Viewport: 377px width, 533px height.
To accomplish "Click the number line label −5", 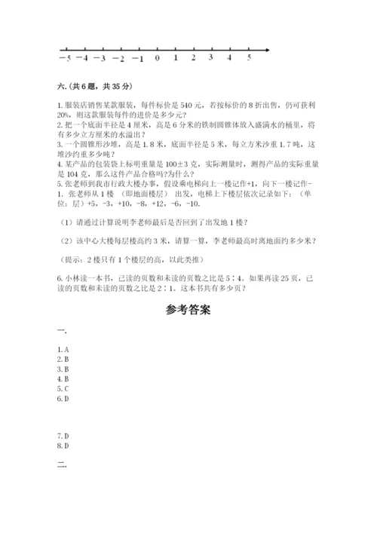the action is tap(66, 57).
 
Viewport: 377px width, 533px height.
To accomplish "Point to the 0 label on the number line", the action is tap(157, 57).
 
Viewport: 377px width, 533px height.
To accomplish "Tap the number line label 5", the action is tap(249, 57).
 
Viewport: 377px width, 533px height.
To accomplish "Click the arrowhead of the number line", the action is tap(268, 50).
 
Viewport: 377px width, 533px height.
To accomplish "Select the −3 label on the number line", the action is tap(100, 57).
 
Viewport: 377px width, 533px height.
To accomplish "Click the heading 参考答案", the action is tap(187, 310).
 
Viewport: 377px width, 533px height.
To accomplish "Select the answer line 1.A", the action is tap(63, 349).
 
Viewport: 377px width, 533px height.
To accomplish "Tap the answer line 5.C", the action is tap(63, 388).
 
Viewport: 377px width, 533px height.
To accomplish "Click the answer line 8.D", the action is tap(63, 446).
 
